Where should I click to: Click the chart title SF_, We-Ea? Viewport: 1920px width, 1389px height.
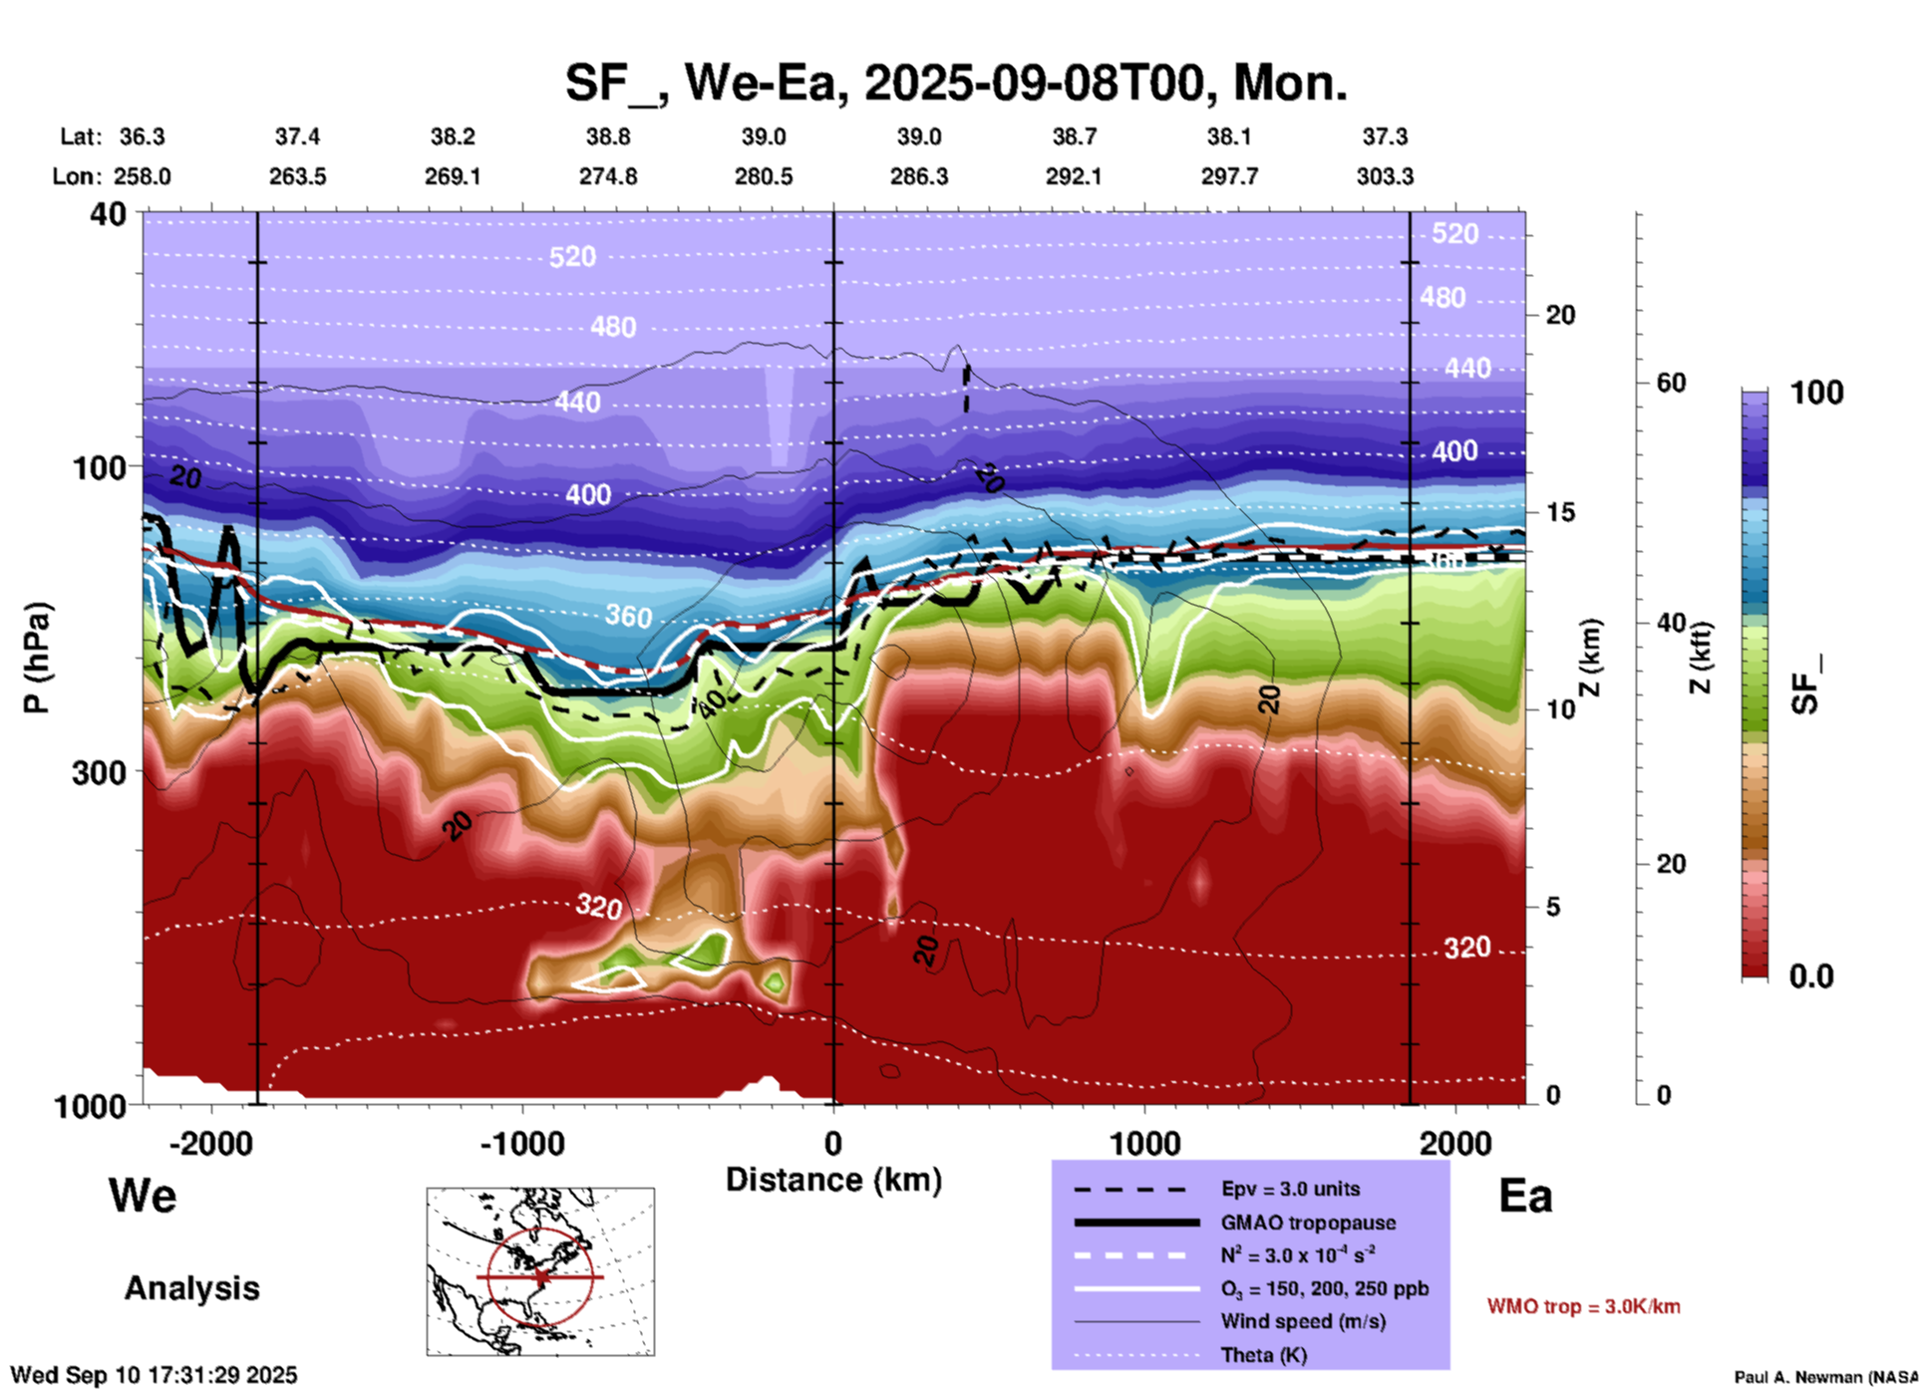coord(955,83)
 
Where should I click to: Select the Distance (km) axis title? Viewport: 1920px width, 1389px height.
coord(833,1180)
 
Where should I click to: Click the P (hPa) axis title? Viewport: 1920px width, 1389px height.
coord(37,658)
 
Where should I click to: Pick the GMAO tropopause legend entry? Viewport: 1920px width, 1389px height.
coord(1308,1223)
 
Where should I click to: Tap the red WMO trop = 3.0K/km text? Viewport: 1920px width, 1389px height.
coord(1583,1306)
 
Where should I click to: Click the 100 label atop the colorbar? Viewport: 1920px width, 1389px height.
coord(1816,393)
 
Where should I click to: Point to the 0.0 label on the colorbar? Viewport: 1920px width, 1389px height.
coord(1811,976)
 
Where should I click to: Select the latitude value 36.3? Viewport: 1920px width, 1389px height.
coord(143,137)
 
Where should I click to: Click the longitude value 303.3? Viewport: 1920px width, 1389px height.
coord(1385,176)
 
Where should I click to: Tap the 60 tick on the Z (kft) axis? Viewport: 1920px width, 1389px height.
coord(1671,383)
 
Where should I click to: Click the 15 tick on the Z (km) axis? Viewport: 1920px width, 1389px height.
coord(1560,512)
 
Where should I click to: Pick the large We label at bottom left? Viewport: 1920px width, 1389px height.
coord(143,1196)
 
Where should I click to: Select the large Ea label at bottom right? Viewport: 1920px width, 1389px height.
coord(1525,1196)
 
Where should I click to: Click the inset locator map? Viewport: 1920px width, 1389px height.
coord(540,1271)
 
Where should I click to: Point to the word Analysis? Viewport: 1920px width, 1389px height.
coord(191,1288)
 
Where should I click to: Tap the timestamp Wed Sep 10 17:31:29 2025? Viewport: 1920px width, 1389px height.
coord(155,1375)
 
